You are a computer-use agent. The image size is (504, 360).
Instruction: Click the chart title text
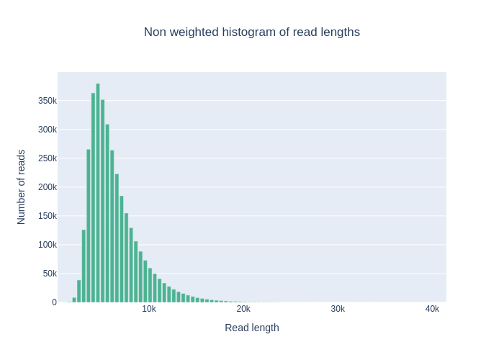[x=251, y=32]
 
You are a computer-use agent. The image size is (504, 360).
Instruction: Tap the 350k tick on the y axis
[x=48, y=101]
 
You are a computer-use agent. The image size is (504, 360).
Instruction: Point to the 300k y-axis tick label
[x=48, y=130]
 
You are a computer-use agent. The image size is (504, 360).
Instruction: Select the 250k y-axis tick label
[x=48, y=158]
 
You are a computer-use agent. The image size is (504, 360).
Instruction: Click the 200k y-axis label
[x=48, y=187]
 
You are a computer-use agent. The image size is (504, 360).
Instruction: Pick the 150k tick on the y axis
[x=48, y=216]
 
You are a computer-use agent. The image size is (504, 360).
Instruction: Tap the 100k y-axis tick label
[x=48, y=245]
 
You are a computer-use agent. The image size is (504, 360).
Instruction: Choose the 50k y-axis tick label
[x=50, y=274]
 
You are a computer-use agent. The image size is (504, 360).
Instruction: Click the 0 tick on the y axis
[x=54, y=302]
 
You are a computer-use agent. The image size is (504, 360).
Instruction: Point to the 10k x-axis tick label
[x=149, y=309]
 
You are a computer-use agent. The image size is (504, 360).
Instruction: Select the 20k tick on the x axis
[x=243, y=309]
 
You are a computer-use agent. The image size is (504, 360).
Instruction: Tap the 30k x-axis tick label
[x=338, y=309]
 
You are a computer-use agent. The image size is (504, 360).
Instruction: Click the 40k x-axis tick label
[x=432, y=309]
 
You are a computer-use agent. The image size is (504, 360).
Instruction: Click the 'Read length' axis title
[x=251, y=328]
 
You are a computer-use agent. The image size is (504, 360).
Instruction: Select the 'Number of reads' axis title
[x=22, y=187]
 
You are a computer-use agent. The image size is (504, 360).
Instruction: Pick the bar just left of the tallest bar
[x=93, y=198]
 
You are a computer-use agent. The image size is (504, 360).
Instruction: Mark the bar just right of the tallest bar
[x=103, y=202]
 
